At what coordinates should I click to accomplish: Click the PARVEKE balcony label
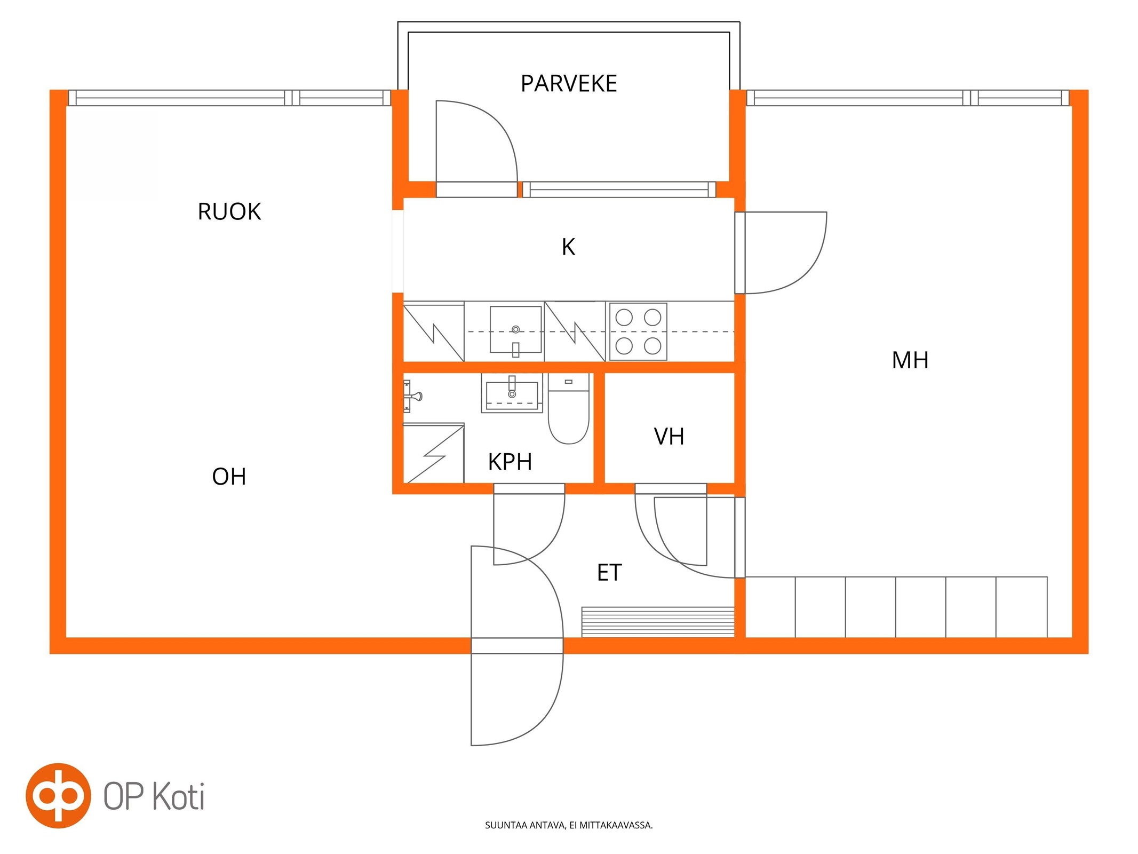coord(569,84)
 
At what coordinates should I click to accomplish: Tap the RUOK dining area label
coord(229,212)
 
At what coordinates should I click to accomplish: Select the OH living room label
coord(229,477)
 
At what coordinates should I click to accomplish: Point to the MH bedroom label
coord(910,360)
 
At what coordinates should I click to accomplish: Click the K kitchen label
coord(568,247)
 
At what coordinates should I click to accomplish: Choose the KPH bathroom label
coord(510,462)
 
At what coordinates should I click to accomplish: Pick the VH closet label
coord(669,437)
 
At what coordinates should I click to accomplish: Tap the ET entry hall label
coord(609,573)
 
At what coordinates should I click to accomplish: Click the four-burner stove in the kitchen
coord(638,331)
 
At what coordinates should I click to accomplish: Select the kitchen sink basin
coord(516,330)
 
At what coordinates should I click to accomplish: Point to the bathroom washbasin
coord(512,393)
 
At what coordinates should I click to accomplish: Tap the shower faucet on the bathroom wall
coord(412,396)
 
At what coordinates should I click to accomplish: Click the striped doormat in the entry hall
coord(658,622)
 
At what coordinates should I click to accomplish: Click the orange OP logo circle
coord(58,795)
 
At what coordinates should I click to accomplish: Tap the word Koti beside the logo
coord(179,796)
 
